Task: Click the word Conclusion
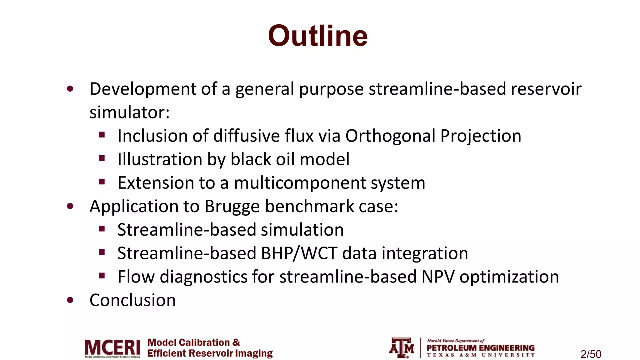(132, 300)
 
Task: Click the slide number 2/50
(591, 354)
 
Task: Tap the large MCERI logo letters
(112, 348)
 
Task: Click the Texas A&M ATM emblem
(402, 347)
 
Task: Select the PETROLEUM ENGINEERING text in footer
(480, 348)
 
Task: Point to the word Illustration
(159, 159)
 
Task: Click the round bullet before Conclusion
(70, 300)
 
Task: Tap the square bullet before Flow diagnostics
(102, 276)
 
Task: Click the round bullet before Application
(70, 206)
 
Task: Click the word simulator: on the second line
(129, 112)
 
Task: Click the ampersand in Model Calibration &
(236, 342)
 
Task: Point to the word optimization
(509, 277)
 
